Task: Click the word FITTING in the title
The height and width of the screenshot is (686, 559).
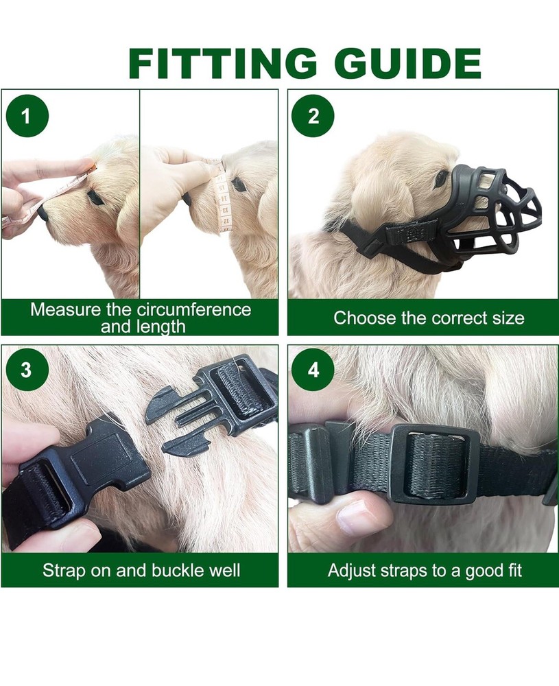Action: click(223, 63)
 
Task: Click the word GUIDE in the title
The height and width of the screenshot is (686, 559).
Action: click(411, 63)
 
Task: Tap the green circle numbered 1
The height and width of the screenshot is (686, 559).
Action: click(27, 116)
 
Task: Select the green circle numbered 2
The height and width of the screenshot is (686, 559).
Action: click(313, 116)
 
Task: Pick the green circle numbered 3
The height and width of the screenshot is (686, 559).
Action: click(26, 370)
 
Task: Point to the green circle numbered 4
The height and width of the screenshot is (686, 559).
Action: click(313, 370)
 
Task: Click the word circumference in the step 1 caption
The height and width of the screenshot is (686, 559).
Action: click(194, 310)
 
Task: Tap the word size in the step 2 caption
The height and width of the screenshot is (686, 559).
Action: click(508, 318)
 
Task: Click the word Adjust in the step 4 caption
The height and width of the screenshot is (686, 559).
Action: click(349, 571)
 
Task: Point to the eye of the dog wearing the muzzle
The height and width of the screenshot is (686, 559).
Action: click(440, 177)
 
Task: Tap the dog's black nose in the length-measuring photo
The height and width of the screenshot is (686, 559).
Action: click(43, 213)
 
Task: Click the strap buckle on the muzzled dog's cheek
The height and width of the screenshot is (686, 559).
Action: click(411, 232)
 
